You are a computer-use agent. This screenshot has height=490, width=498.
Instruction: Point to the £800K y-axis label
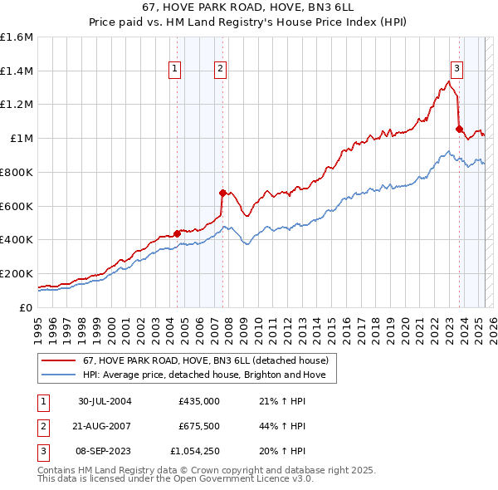17,172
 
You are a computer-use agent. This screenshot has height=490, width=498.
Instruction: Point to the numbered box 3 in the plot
456,70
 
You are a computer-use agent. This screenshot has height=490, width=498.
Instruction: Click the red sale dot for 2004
177,233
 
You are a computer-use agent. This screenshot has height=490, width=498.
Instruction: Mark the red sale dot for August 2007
222,193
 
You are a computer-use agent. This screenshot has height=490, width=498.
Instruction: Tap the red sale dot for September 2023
459,129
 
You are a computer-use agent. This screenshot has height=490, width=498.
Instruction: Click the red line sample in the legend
59,360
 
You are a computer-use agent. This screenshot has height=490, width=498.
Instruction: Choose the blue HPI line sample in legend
59,375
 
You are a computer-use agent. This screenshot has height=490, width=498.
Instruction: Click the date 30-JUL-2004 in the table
105,401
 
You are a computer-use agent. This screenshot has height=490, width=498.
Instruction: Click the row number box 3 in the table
42,451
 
